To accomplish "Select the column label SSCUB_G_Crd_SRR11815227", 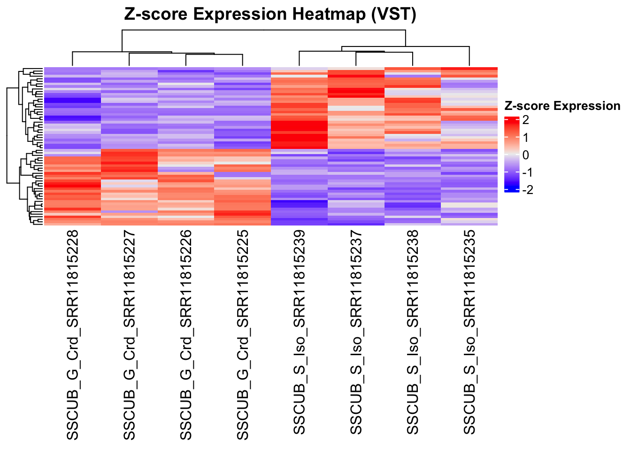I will (x=129, y=334).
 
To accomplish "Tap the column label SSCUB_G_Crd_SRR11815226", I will (x=186, y=334).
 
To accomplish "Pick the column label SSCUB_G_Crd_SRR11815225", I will (x=242, y=334).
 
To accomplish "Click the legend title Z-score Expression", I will (x=562, y=106).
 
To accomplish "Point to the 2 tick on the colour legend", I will (x=525, y=120).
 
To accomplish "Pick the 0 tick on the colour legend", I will (x=525, y=155).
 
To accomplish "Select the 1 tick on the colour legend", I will (x=525, y=138).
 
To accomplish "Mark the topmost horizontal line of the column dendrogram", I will (x=263, y=31).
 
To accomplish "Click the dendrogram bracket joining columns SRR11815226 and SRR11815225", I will (x=214, y=55).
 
